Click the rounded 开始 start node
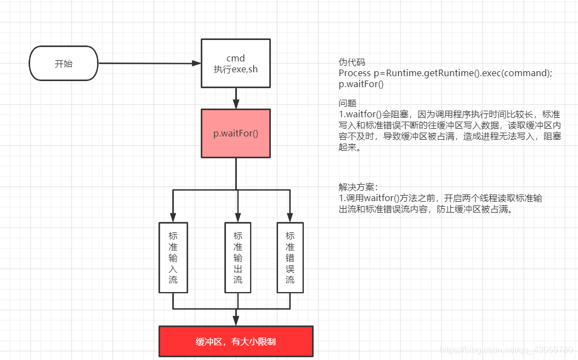[63, 64]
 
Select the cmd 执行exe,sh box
[236, 63]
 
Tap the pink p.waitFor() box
[236, 134]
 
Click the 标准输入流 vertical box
[173, 257]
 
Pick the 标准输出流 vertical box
[238, 257]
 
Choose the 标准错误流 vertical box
[290, 257]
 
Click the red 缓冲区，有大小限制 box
[236, 341]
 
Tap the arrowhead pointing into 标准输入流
[173, 218]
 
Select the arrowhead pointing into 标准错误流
[290, 218]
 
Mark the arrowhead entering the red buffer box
[236, 321]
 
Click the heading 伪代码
[352, 62]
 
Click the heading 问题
[348, 103]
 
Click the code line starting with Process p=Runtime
[445, 73]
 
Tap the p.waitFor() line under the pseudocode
[361, 84]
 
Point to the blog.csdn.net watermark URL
[507, 350]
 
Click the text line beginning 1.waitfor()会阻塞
[449, 114]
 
